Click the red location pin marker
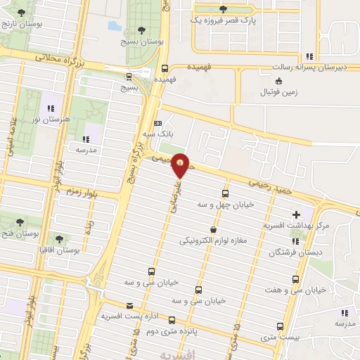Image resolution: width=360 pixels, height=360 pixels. [181, 165]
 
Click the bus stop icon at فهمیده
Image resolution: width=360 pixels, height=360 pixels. [165, 69]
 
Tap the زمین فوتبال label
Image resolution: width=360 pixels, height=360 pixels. [279, 92]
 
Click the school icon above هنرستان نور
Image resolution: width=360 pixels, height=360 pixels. [50, 108]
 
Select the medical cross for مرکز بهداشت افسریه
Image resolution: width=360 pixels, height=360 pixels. [296, 214]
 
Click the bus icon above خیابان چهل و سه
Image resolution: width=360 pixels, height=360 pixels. [225, 193]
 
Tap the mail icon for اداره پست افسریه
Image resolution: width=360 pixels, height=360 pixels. [129, 306]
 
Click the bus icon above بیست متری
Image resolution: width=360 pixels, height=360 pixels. [280, 326]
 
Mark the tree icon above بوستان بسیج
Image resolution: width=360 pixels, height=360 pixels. [142, 30]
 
